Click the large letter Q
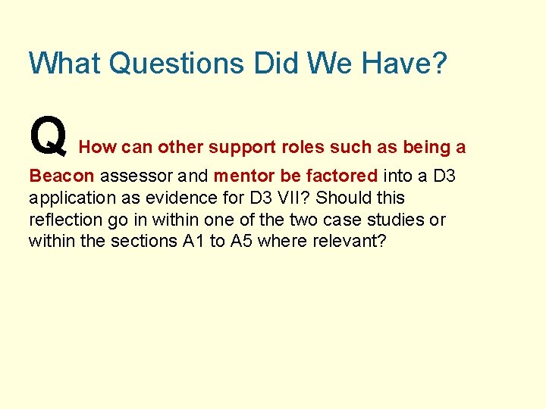point(47,134)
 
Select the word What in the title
point(64,63)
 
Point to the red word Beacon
point(61,176)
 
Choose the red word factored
point(341,176)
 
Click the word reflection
point(64,220)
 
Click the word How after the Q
point(94,147)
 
